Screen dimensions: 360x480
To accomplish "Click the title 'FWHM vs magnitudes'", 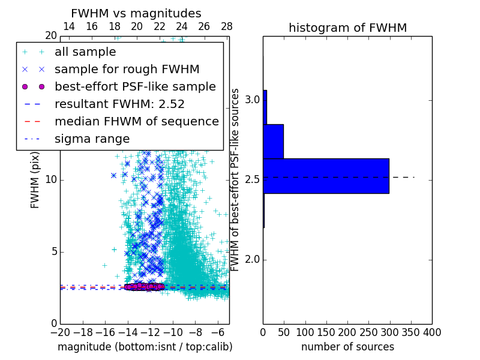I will click(x=136, y=13).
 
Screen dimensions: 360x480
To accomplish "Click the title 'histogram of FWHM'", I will click(x=347, y=28).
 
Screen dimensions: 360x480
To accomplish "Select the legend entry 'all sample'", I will click(x=85, y=52).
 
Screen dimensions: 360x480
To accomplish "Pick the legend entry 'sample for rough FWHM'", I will click(x=127, y=69).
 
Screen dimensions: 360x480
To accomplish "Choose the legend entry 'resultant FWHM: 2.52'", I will click(x=119, y=104).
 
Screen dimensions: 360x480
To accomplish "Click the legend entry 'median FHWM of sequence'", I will click(x=136, y=121).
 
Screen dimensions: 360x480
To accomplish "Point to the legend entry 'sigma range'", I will click(x=92, y=139).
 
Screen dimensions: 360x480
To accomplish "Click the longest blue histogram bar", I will click(x=326, y=176).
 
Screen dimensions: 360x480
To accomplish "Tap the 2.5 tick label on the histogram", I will click(x=252, y=179).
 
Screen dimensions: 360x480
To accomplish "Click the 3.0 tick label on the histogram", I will click(x=252, y=99).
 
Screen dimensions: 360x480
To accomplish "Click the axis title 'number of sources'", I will click(x=347, y=347).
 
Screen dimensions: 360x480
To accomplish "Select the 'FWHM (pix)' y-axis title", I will click(x=35, y=180).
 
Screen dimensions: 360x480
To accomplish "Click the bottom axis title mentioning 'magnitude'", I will click(x=145, y=347).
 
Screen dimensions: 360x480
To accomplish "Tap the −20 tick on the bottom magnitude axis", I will click(x=60, y=332).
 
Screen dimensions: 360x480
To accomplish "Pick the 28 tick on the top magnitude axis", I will click(x=226, y=26).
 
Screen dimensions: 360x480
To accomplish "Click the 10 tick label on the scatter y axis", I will click(x=50, y=180).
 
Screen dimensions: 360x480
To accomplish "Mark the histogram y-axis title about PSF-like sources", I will click(x=236, y=180).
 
